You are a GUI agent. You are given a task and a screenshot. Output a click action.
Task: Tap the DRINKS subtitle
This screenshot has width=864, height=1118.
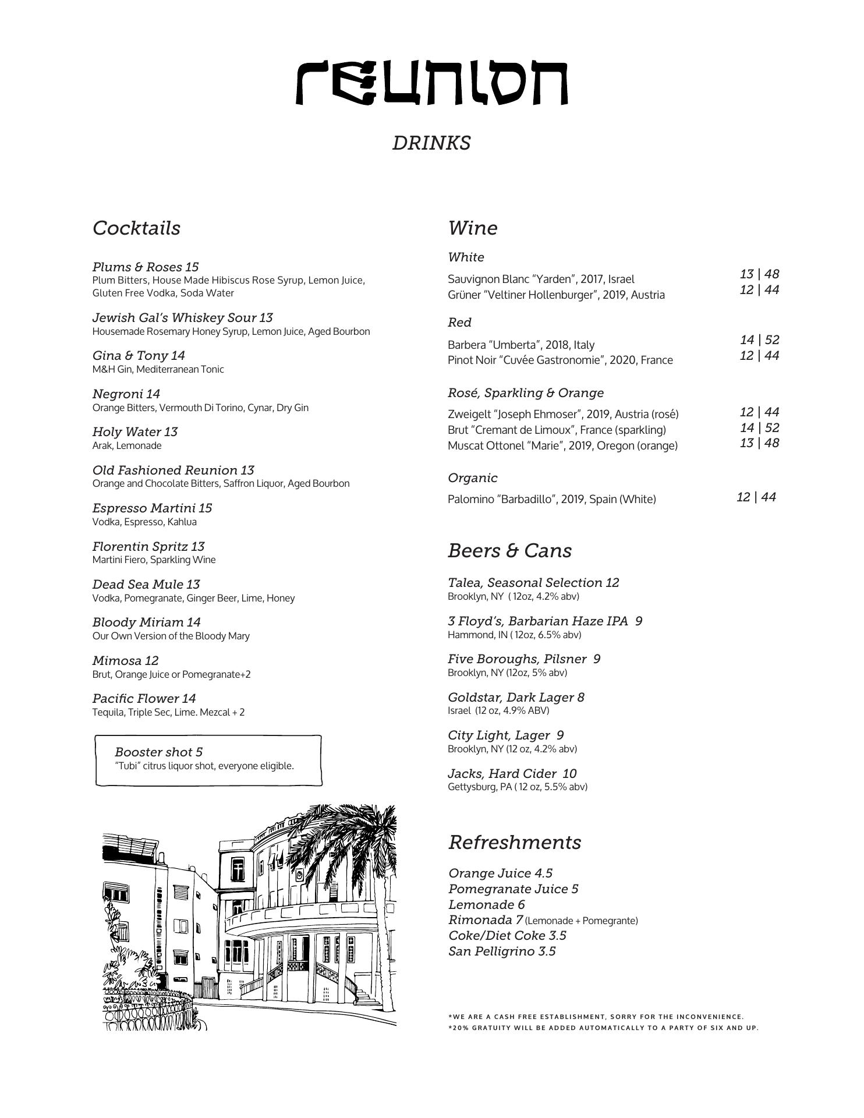coord(431,143)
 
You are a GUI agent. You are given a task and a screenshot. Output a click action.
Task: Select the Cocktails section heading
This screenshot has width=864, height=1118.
coord(136,228)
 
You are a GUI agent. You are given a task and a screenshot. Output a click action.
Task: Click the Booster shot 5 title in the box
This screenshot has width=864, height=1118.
coord(158,752)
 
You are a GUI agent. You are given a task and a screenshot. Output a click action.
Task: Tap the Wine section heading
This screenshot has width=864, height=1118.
coord(472,228)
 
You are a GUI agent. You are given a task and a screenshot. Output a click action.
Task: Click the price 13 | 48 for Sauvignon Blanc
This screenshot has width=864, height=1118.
coord(759,274)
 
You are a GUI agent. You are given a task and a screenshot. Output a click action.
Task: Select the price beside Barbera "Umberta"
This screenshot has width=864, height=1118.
coord(759,339)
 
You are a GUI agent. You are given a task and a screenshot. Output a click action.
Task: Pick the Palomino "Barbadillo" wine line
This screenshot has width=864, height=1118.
coord(551,499)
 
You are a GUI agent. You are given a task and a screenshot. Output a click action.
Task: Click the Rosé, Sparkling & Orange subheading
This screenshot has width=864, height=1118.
coord(525,393)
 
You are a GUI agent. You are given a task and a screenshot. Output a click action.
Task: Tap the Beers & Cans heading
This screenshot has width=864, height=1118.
coord(509,550)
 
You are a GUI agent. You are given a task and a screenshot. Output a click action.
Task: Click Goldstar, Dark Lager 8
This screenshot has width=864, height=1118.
coord(516,697)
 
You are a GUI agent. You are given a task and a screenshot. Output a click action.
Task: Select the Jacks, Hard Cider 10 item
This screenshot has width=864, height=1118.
coord(512,773)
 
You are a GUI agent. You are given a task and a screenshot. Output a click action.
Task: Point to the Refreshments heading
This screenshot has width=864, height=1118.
coord(515,842)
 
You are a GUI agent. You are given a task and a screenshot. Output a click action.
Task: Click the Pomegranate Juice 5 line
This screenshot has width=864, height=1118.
coord(513,889)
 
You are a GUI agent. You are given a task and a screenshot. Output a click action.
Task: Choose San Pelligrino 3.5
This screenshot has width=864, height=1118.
coord(502,951)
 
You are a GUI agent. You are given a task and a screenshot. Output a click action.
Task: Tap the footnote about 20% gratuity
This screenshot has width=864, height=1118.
coord(603,1028)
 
